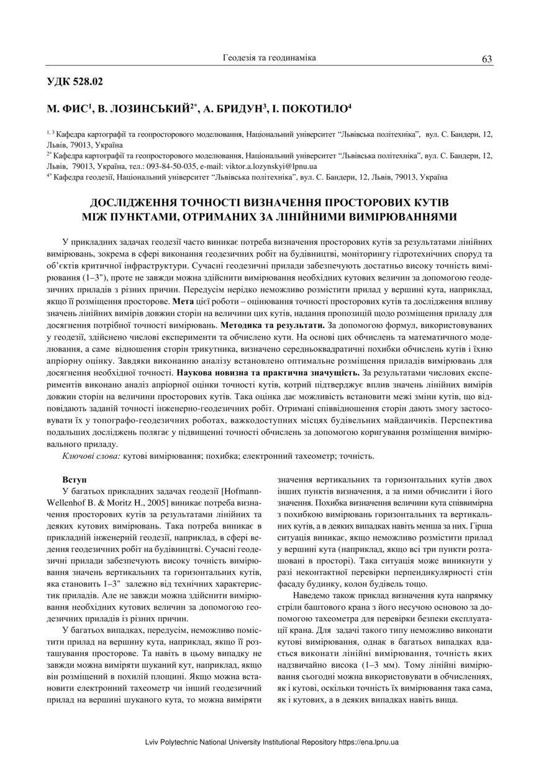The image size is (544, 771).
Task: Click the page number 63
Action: click(487, 59)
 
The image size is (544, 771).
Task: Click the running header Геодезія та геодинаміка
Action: click(270, 58)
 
